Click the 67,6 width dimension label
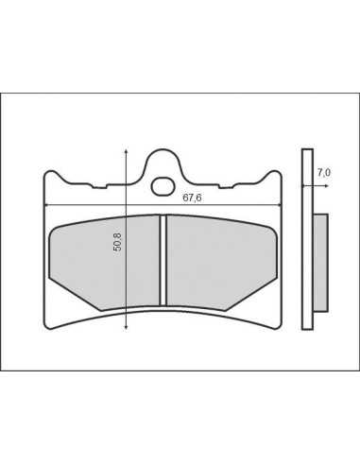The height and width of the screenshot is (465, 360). [192, 198]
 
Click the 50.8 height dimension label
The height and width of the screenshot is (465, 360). [118, 242]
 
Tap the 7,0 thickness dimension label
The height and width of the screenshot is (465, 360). [323, 173]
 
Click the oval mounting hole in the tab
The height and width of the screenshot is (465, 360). [163, 186]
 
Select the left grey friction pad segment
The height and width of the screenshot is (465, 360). [104, 262]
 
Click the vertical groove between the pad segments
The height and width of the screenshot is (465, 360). [163, 260]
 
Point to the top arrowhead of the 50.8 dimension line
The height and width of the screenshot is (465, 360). [126, 152]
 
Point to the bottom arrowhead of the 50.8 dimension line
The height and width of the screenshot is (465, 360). [126, 327]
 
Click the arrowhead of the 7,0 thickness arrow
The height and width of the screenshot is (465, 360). [327, 186]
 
